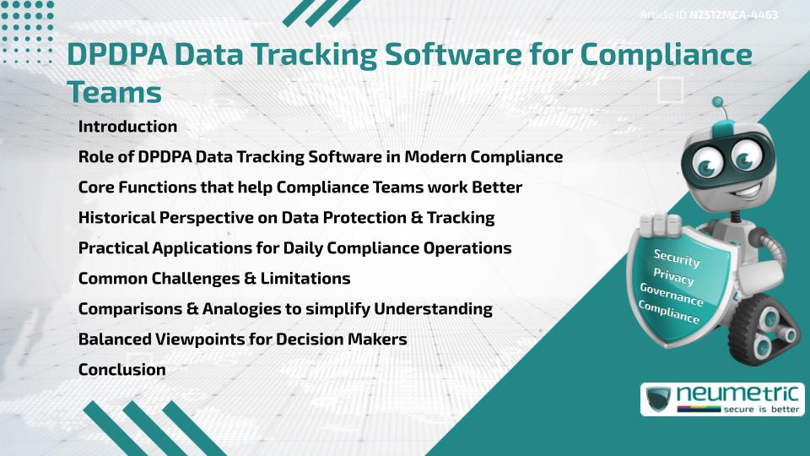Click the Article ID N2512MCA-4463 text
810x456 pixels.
point(709,14)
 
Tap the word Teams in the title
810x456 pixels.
point(114,91)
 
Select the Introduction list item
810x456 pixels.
point(127,127)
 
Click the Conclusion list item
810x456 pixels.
point(121,370)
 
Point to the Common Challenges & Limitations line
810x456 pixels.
point(214,279)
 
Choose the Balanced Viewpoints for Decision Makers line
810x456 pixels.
point(243,339)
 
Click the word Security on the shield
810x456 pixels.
point(677,258)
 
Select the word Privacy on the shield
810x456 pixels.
point(673,276)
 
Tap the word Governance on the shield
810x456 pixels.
point(671,295)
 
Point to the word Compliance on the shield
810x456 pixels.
point(668,312)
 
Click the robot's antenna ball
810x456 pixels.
point(718,103)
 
